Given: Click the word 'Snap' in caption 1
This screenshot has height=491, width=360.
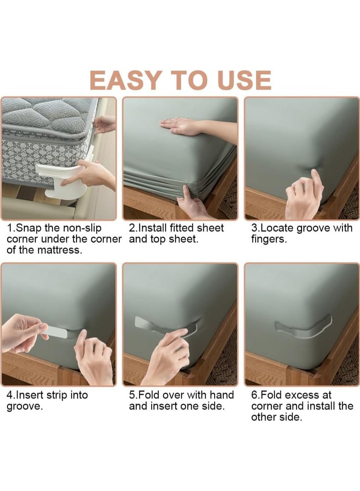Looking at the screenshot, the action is click(x=29, y=228).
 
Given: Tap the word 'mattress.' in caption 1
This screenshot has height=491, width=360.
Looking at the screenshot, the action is click(x=59, y=250).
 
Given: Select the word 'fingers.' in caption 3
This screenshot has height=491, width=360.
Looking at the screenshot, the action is click(x=269, y=239).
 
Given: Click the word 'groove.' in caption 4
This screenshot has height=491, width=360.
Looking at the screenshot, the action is click(x=24, y=407).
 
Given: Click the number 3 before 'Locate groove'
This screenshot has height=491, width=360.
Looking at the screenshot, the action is click(x=254, y=228).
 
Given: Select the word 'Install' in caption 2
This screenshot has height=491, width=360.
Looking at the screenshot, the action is click(x=154, y=228).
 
